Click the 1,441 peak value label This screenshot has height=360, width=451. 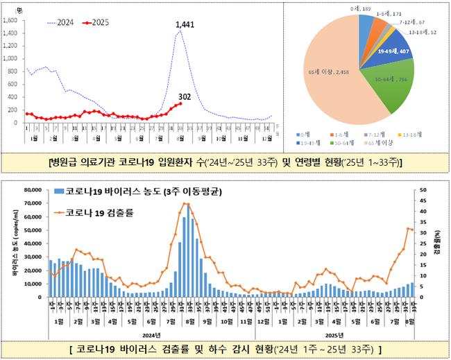tap(184, 25)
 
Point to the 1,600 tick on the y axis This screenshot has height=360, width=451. tap(10, 21)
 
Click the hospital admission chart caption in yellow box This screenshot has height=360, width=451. tap(226, 163)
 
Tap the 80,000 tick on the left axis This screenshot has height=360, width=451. tap(33, 189)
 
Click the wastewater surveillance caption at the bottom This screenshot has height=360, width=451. tap(226, 347)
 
